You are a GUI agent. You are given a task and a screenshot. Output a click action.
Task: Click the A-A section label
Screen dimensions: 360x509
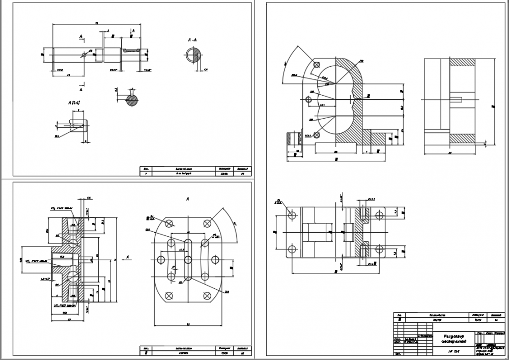coord(193,39)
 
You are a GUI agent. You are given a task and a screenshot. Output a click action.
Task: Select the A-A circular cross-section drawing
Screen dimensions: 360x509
coord(192,54)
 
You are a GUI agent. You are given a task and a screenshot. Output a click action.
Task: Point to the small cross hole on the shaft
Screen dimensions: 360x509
coord(84,53)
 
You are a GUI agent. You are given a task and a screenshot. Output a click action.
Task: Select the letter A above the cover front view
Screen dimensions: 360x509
coord(188,198)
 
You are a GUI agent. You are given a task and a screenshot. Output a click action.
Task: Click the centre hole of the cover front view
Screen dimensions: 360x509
coord(188,260)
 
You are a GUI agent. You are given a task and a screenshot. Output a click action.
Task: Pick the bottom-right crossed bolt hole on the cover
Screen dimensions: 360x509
coord(207,296)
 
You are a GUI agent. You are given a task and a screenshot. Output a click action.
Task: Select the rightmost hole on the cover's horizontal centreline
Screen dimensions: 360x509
coord(215,260)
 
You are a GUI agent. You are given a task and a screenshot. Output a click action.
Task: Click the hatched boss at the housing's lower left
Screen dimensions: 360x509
coord(293,139)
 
